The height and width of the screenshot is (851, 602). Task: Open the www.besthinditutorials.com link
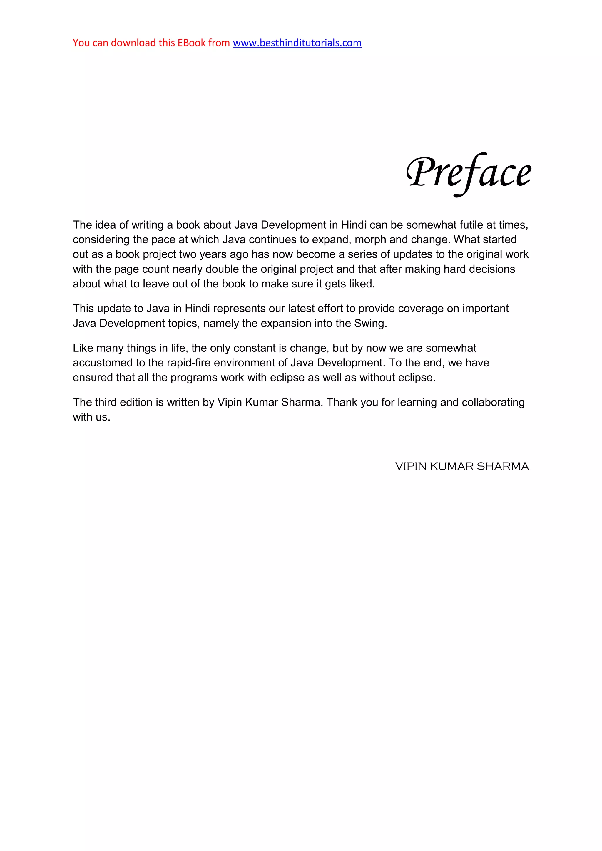click(297, 43)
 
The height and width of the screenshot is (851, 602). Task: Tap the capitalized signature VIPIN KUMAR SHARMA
click(462, 466)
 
